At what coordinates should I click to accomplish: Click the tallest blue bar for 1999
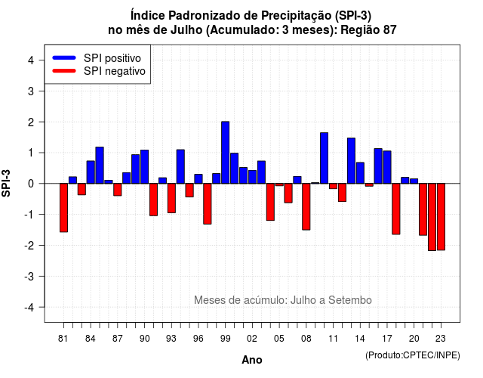pyautogui.click(x=225, y=153)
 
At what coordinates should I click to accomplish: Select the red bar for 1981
pyautogui.click(x=63, y=208)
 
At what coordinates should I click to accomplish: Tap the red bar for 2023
pyautogui.click(x=441, y=217)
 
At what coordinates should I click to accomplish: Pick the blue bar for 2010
pyautogui.click(x=324, y=158)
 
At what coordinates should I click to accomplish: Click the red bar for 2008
pyautogui.click(x=306, y=206)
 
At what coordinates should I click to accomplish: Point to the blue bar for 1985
pyautogui.click(x=100, y=166)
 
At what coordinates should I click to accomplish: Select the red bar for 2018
pyautogui.click(x=396, y=209)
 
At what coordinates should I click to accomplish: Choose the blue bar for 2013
pyautogui.click(x=351, y=161)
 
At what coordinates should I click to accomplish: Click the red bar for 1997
pyautogui.click(x=208, y=203)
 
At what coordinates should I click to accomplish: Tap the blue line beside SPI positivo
pyautogui.click(x=64, y=57)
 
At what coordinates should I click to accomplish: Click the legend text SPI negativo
pyautogui.click(x=115, y=71)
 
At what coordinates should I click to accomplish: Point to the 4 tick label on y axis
pyautogui.click(x=31, y=60)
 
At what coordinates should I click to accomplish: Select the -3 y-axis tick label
pyautogui.click(x=29, y=277)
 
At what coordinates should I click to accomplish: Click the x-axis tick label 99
pyautogui.click(x=225, y=339)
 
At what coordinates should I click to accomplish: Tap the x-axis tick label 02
pyautogui.click(x=252, y=339)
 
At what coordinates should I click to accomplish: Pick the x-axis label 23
pyautogui.click(x=441, y=339)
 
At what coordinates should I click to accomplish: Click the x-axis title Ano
pyautogui.click(x=252, y=360)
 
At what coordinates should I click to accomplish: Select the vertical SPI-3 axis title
pyautogui.click(x=6, y=183)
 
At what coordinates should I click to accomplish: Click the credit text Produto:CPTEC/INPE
pyautogui.click(x=413, y=355)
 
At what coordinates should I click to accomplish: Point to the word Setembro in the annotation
pyautogui.click(x=350, y=300)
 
